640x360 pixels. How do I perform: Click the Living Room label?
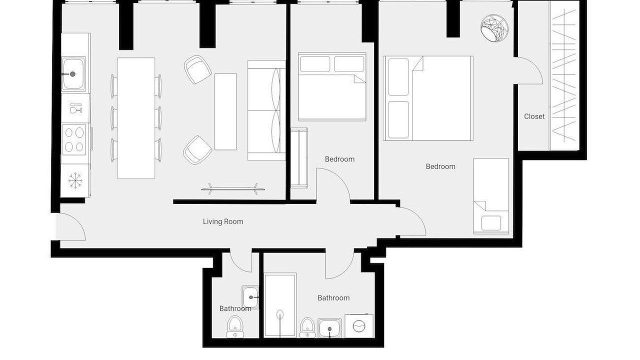coord(223,221)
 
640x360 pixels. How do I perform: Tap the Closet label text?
coord(534,116)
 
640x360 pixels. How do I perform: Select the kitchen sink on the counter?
coord(73,74)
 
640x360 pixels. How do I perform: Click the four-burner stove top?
coord(74,139)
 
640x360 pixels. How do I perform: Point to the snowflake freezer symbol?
coord(75,180)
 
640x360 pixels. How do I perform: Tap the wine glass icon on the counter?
coord(75,108)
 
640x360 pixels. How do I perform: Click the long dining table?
coord(136,118)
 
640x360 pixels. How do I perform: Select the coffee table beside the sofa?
coord(225,111)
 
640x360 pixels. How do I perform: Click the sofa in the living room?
coord(266,110)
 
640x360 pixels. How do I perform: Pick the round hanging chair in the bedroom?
coord(494,28)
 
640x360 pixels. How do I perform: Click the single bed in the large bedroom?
coord(491,196)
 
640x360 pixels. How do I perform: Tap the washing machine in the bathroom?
coord(359,325)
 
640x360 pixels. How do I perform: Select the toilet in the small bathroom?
coord(235,327)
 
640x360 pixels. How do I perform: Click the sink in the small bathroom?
coord(250,297)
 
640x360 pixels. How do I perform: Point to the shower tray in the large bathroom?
coord(280,305)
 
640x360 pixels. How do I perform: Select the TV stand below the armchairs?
coord(232,189)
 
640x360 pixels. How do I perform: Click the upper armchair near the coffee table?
coord(197,69)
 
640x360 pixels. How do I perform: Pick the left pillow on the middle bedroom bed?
coord(315,64)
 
